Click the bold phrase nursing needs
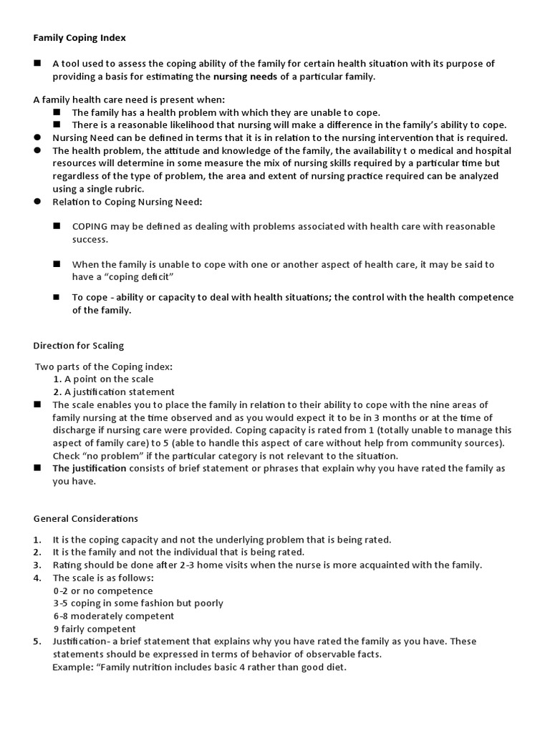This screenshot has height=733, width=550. [245, 77]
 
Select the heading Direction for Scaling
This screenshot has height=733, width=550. [79, 346]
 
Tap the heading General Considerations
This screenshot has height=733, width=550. [86, 518]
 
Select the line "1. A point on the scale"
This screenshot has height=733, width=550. [103, 379]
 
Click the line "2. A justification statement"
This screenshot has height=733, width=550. [114, 392]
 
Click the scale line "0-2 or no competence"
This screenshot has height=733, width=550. [102, 591]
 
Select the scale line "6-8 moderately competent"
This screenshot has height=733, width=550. [113, 616]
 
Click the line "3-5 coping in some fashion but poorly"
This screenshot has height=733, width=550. [138, 603]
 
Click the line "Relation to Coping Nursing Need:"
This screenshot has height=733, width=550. [127, 202]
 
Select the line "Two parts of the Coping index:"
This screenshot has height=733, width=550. [104, 366]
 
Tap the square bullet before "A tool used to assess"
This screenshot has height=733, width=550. [37, 63]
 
